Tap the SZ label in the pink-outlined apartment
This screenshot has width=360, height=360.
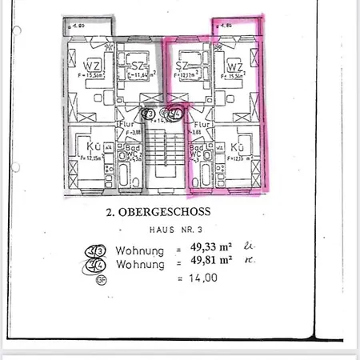click(182, 65)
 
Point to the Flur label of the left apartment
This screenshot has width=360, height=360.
click(126, 125)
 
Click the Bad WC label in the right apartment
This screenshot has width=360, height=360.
click(195, 151)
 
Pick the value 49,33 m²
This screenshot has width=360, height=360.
click(210, 249)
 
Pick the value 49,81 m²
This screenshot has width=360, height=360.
click(210, 262)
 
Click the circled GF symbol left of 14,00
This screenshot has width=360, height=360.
click(101, 280)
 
